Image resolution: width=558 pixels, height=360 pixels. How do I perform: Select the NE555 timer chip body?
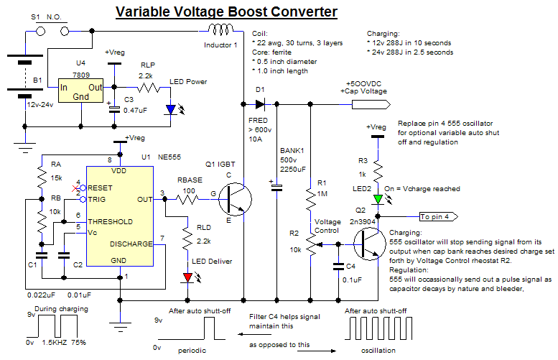(120, 216)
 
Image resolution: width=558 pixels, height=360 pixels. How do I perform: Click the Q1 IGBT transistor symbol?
(233, 196)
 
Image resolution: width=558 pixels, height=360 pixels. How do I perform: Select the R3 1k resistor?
(378, 170)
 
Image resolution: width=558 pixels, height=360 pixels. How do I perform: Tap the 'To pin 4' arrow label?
(439, 216)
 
